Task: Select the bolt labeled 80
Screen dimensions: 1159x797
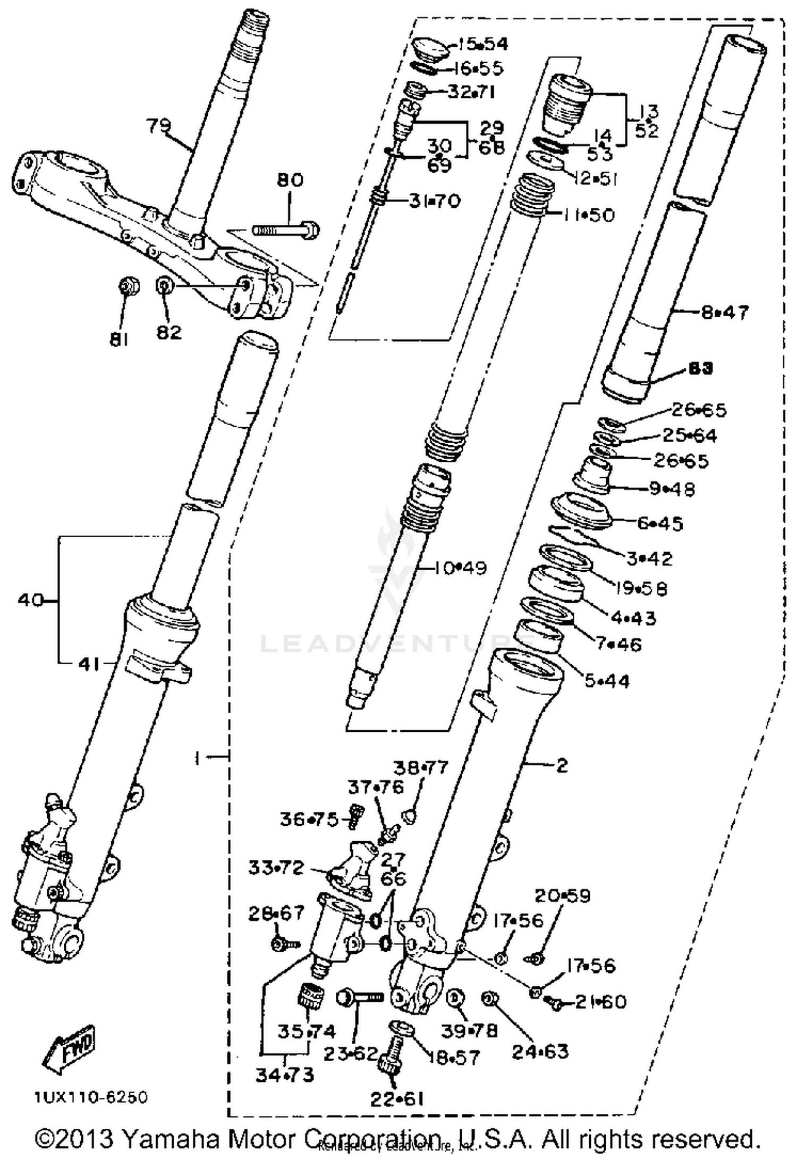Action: coord(285,230)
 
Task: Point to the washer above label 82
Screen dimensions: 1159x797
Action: coord(164,286)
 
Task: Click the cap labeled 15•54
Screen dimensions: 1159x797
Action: coord(430,48)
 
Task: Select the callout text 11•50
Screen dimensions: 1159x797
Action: coord(589,215)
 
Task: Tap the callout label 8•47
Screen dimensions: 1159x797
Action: coord(725,312)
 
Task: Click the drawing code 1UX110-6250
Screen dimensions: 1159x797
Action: coord(91,1097)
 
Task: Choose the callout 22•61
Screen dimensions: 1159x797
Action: coord(397,1098)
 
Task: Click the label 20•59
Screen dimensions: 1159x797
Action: coord(562,895)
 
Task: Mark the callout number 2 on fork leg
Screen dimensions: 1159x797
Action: coord(562,766)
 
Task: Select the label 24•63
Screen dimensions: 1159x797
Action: coord(540,1051)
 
